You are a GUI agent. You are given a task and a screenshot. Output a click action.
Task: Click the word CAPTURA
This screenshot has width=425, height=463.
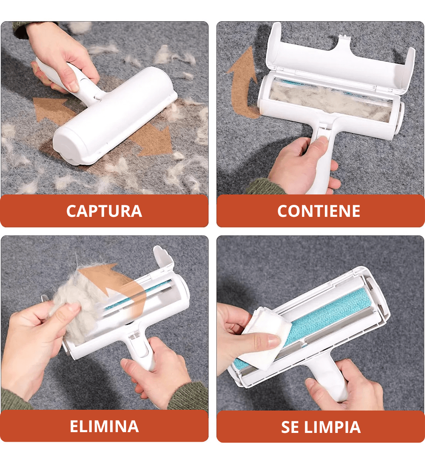coord(104,211)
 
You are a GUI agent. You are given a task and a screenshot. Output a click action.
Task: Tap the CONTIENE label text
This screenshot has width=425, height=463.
coord(319,211)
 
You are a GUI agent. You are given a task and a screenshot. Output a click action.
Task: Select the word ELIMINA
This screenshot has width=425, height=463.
coord(104,426)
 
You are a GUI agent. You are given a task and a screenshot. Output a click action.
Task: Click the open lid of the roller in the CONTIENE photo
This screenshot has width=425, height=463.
coord(339,58)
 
